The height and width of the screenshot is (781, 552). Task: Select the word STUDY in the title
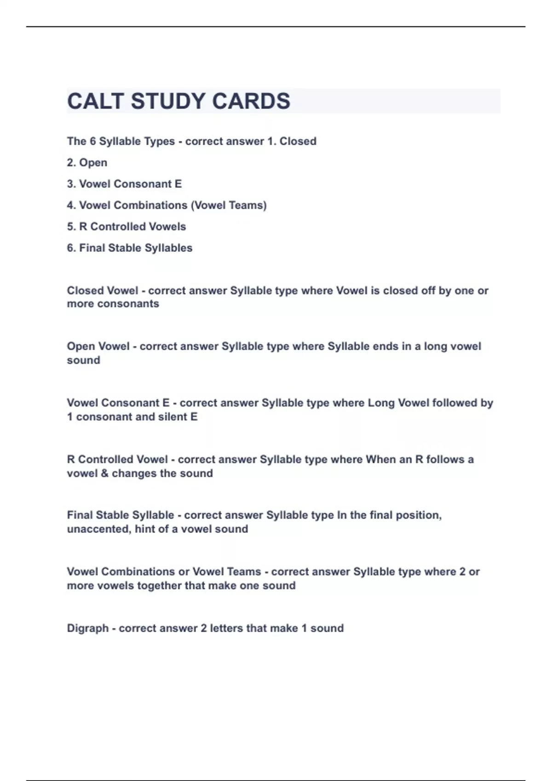click(x=168, y=101)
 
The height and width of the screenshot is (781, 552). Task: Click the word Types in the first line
click(x=160, y=141)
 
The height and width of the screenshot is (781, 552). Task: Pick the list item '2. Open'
click(x=87, y=163)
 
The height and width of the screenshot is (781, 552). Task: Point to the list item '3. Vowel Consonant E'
click(x=124, y=184)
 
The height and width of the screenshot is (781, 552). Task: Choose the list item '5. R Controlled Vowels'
click(x=126, y=226)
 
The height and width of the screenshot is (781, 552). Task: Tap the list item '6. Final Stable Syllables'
click(x=130, y=248)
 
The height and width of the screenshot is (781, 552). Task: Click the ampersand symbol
click(x=104, y=473)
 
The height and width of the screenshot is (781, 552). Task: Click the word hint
click(x=144, y=529)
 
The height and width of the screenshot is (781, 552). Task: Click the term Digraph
click(x=87, y=628)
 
